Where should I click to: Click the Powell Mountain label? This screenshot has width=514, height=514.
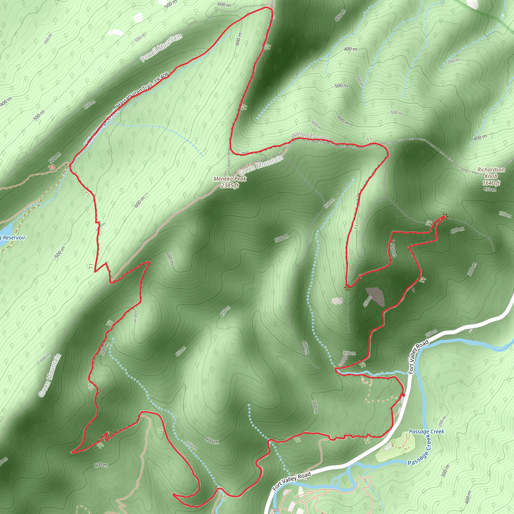(161, 48)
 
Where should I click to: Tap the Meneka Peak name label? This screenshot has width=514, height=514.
(230, 179)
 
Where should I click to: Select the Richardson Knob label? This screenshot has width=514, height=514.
(491, 173)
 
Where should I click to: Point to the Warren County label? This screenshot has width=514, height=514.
(309, 136)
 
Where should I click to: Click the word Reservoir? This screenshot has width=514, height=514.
(14, 238)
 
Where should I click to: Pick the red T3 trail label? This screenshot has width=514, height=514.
(52, 167)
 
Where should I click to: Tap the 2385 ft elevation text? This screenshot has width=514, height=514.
(230, 185)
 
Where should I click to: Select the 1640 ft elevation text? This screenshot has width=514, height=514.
(491, 183)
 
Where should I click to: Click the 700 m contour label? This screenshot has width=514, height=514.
(248, 153)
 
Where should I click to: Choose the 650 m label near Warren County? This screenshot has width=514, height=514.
(316, 125)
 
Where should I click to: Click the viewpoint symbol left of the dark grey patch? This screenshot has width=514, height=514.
(346, 288)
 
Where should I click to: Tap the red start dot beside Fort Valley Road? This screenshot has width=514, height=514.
(403, 395)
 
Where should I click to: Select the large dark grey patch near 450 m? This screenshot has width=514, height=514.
(376, 296)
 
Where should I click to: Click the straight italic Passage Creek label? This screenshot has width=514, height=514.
(426, 431)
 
